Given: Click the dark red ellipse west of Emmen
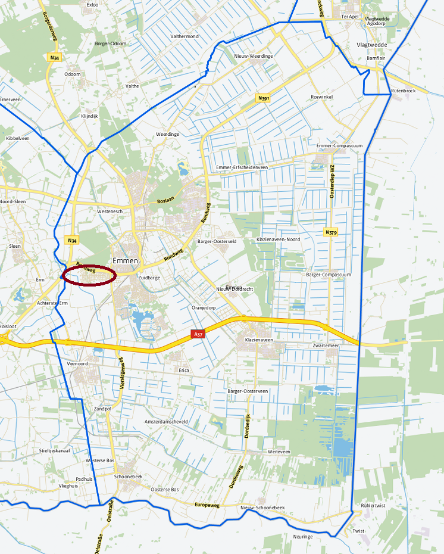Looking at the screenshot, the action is click(89, 276).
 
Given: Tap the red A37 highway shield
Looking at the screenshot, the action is click(198, 334).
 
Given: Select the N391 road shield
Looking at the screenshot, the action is click(264, 98).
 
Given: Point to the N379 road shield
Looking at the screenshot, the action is click(330, 232).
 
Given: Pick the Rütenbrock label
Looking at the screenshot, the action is click(404, 90).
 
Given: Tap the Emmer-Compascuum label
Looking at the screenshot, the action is click(339, 145).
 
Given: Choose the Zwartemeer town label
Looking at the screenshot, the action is click(326, 346).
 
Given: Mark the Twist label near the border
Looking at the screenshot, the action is click(358, 531).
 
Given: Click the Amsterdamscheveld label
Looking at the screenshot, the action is click(166, 421).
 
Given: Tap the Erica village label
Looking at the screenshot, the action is click(184, 370).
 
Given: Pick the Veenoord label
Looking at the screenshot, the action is click(77, 363).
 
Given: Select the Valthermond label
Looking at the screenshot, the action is click(185, 36).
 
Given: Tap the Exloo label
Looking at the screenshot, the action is click(92, 5).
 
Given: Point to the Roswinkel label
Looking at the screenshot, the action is click(322, 97).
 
